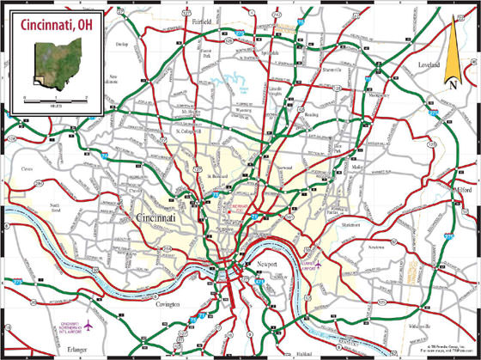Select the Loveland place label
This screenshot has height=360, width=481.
point(429,65)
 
